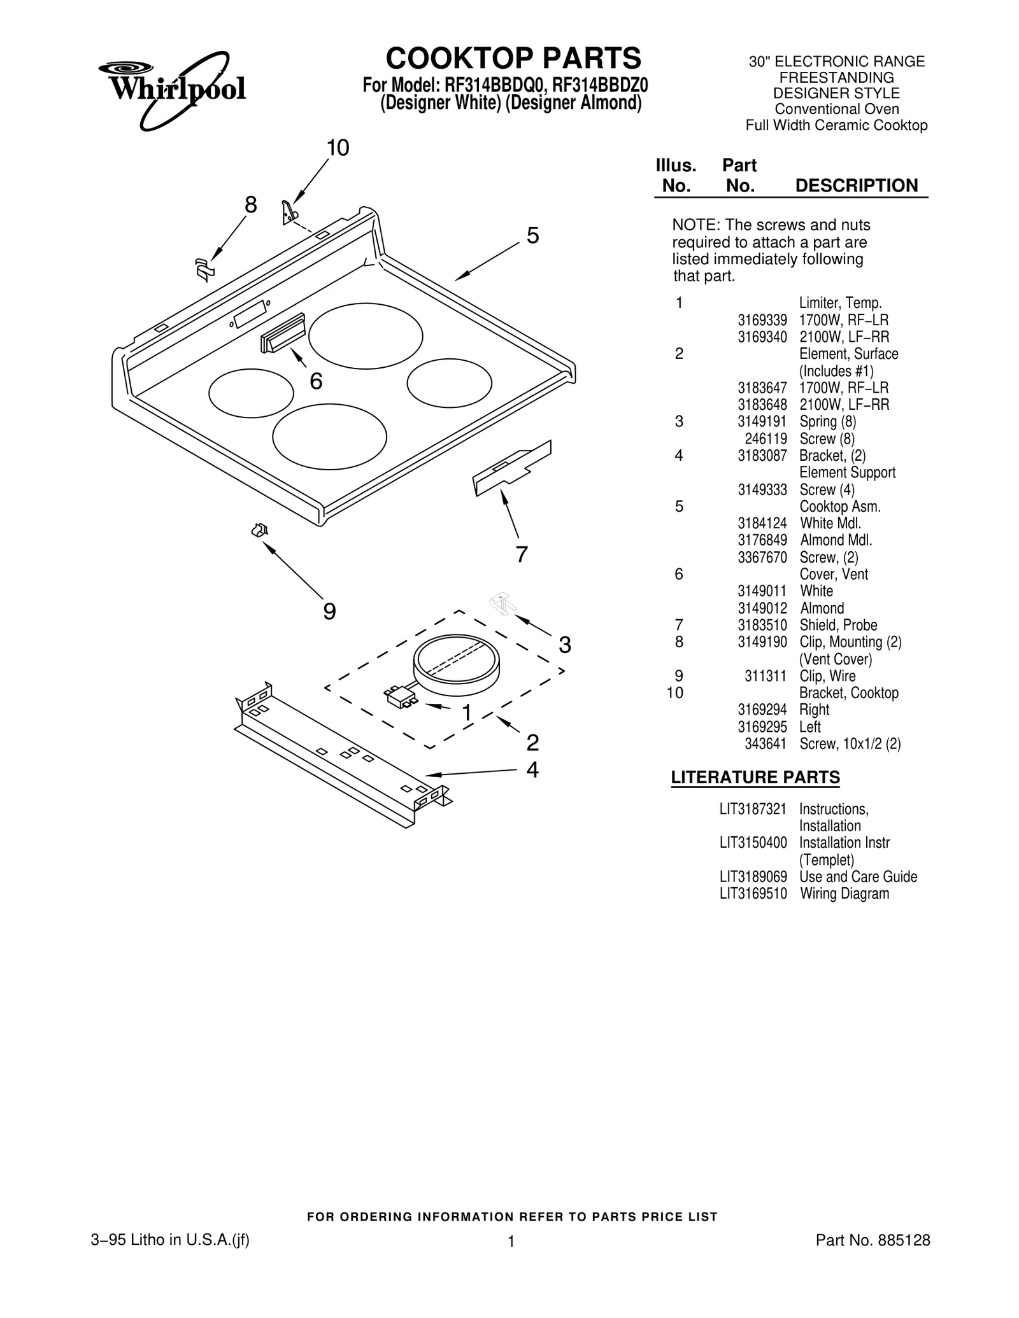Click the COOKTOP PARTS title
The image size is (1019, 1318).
(513, 59)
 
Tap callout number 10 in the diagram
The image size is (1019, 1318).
(338, 148)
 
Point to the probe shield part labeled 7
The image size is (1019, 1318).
(511, 468)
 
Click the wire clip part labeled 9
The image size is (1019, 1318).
(259, 529)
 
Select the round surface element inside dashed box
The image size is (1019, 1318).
(456, 665)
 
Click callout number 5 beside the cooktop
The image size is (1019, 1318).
(532, 236)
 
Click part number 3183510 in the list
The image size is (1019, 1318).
(762, 626)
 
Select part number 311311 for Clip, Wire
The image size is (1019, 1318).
(766, 677)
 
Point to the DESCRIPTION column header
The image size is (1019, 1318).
(856, 186)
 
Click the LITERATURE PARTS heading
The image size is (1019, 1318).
(755, 778)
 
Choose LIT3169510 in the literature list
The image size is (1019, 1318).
(753, 894)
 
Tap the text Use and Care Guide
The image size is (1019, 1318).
(858, 877)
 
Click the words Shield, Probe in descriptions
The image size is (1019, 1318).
(838, 626)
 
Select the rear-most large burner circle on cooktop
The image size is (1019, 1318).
(366, 336)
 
